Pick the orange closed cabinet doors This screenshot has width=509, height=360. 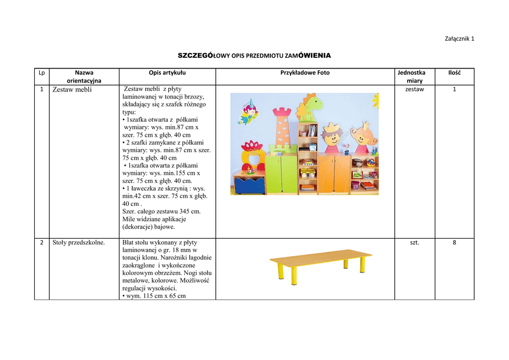[x=334, y=174]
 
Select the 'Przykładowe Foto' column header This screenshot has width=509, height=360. [x=305, y=73]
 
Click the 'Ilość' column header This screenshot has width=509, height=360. [x=454, y=73]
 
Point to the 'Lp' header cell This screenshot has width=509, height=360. [x=42, y=73]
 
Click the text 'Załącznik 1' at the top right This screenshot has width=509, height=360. [x=458, y=39]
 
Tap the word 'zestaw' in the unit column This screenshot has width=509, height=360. [x=415, y=89]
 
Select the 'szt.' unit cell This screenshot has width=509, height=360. [x=415, y=243]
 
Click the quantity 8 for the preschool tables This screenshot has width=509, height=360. [x=454, y=243]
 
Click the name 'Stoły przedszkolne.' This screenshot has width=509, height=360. [x=79, y=243]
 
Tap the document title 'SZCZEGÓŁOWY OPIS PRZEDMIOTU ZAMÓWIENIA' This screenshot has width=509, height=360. [x=254, y=55]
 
